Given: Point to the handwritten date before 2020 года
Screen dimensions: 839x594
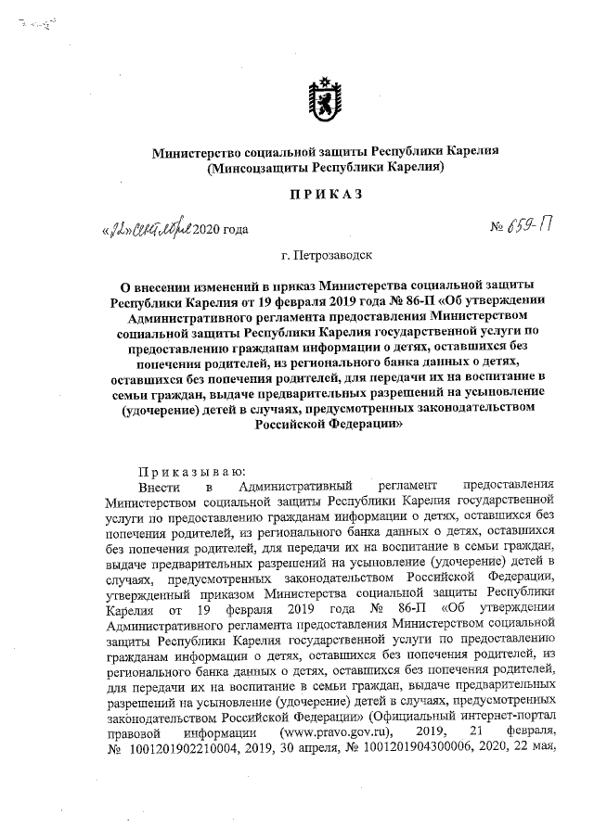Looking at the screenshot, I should click(148, 225).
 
